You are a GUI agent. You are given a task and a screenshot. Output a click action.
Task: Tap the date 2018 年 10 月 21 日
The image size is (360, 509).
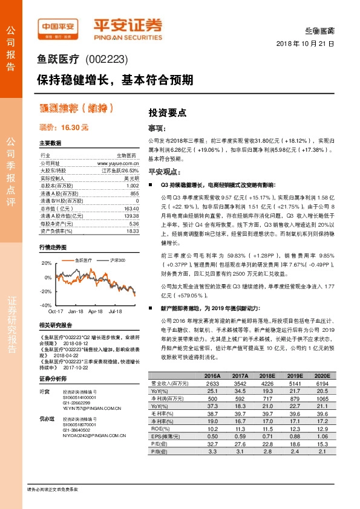(x=305, y=44)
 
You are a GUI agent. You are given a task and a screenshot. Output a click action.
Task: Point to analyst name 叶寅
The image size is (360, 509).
(x=44, y=391)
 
